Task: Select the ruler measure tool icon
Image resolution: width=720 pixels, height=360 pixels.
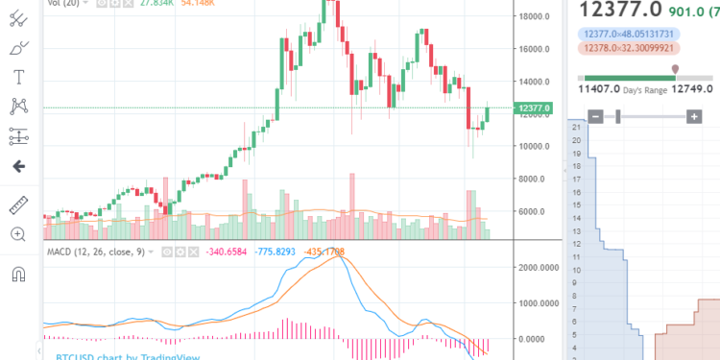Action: click(17, 204)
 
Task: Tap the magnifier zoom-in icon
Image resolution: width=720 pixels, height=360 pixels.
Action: click(17, 233)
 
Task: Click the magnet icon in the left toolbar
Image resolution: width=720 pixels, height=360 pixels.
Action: click(17, 274)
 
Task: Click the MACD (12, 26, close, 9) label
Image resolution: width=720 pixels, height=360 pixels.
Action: click(101, 252)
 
